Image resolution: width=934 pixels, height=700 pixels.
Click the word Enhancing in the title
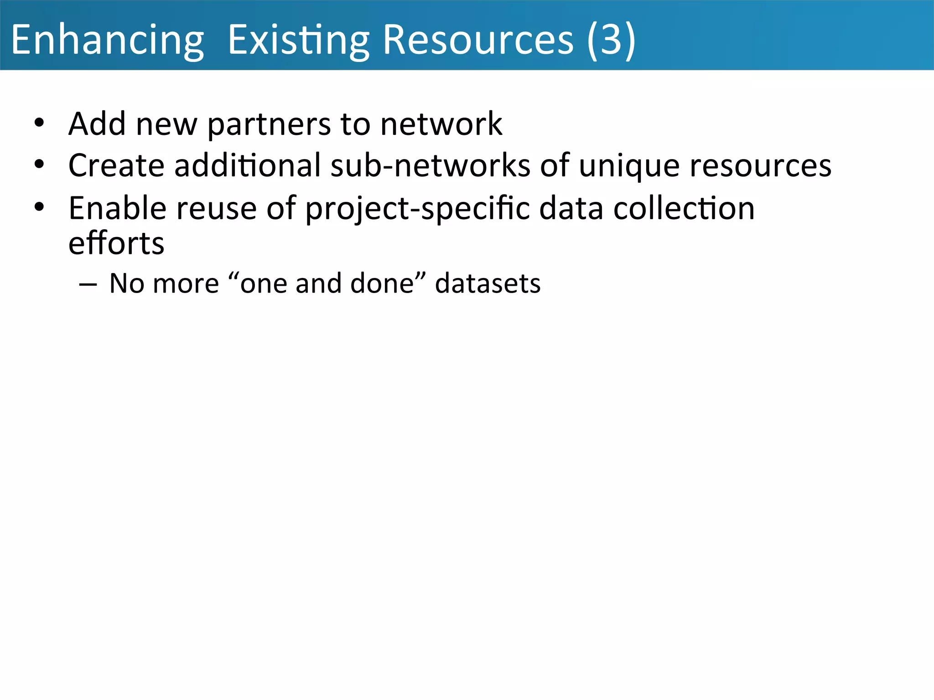pos(107,40)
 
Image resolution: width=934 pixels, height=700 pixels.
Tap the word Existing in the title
pos(298,40)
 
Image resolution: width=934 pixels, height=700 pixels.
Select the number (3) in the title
pos(611,40)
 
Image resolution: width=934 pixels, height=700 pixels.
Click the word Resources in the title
pos(478,40)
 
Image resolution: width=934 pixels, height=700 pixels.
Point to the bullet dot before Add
pos(39,123)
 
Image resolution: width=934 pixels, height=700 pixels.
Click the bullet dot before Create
pos(39,165)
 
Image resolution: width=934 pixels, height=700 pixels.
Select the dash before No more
pos(88,284)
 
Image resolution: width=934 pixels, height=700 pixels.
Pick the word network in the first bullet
pos(441,124)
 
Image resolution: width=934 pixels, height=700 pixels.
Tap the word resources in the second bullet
pos(760,166)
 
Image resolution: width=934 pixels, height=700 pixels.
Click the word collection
pos(684,208)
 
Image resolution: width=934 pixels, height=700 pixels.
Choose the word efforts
pos(116,243)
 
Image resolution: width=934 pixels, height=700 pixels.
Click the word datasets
pos(488,283)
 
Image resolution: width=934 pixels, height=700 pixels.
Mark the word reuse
pos(216,209)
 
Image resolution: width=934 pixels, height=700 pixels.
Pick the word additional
pos(248,165)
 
